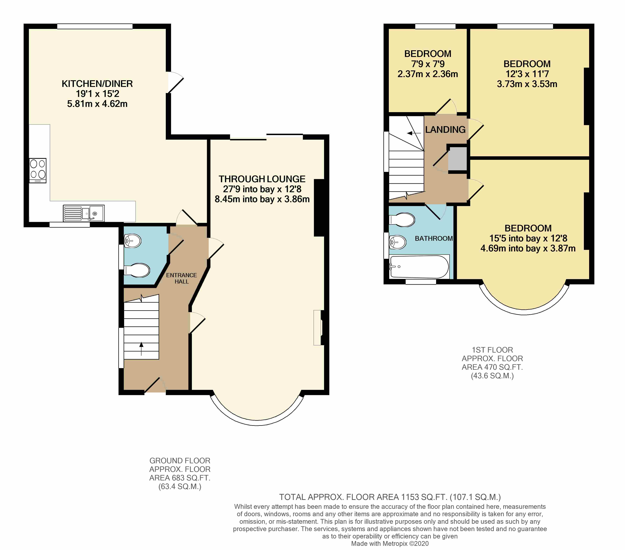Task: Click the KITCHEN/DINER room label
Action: pyautogui.click(x=97, y=84)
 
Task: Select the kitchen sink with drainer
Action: pyautogui.click(x=84, y=213)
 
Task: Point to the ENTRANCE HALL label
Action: pyautogui.click(x=182, y=278)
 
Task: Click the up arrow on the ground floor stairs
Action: pyautogui.click(x=141, y=349)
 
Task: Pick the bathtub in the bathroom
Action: pyautogui.click(x=419, y=267)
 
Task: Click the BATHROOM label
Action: pyautogui.click(x=434, y=238)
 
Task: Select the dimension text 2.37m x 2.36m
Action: pyautogui.click(x=428, y=74)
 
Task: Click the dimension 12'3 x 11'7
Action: pyautogui.click(x=527, y=74)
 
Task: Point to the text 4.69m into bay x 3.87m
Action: pyautogui.click(x=528, y=248)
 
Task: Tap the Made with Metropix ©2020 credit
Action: pyautogui.click(x=390, y=544)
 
